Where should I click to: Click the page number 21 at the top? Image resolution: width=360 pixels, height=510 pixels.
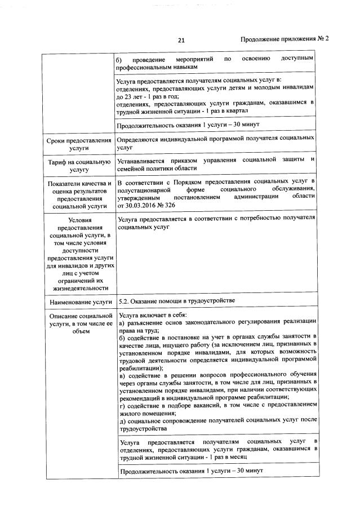181,39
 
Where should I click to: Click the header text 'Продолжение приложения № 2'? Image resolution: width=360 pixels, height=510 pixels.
285,39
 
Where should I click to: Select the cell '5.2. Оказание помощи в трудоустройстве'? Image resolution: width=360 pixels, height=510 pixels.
179,301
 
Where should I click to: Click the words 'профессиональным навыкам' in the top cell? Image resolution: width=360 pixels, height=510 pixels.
159,66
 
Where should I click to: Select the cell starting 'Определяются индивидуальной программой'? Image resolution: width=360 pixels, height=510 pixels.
215,143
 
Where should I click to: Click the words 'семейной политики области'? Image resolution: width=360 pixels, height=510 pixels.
157,168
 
